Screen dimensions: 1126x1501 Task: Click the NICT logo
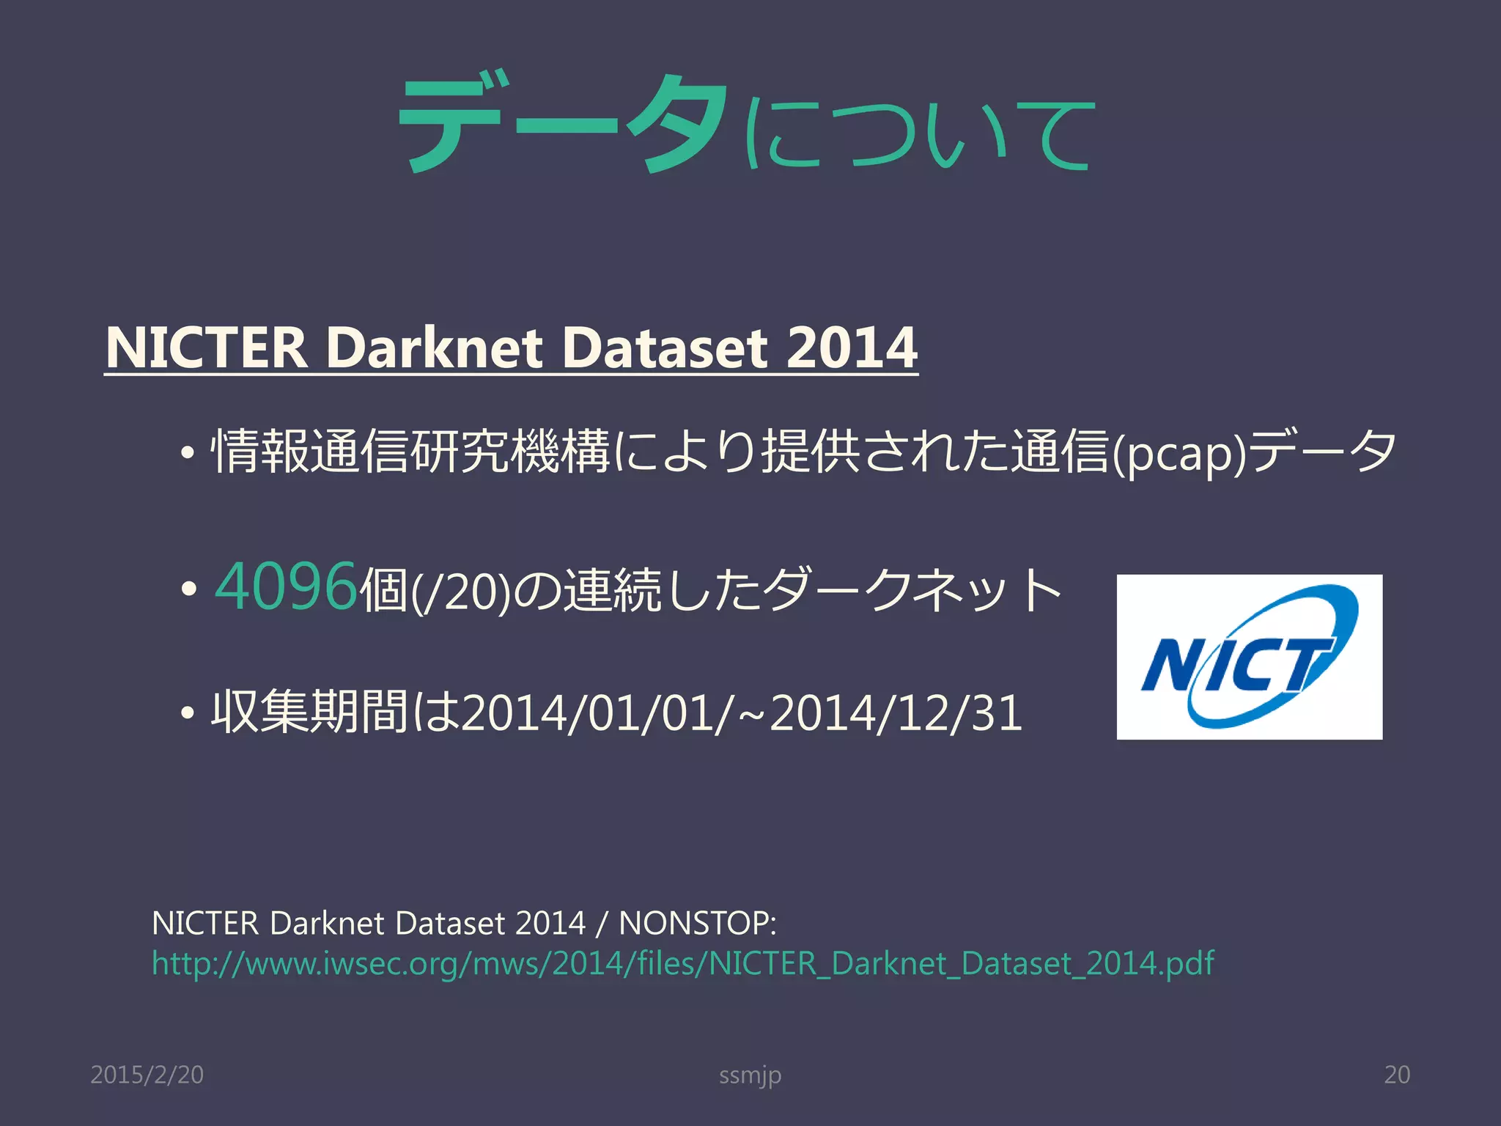coord(1249,656)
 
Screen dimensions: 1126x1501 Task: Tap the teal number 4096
coord(286,586)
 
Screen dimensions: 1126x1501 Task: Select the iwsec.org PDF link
coord(682,963)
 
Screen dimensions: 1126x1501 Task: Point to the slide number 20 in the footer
coord(1396,1075)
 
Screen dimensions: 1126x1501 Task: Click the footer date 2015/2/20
coord(147,1075)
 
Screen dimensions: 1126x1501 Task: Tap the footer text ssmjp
coord(750,1075)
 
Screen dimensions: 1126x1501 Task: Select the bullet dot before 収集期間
coord(189,713)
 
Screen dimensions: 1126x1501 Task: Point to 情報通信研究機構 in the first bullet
coord(410,452)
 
